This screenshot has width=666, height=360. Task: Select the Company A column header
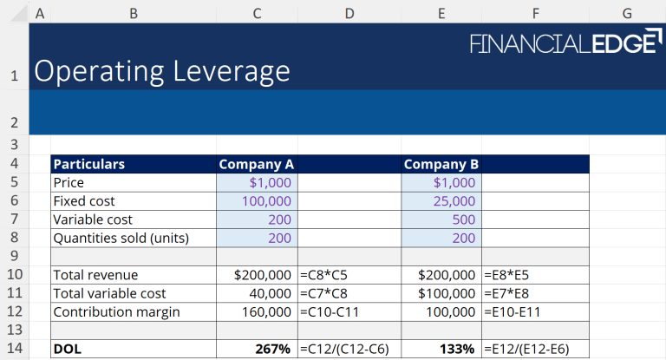257,164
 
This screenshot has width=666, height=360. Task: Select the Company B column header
442,164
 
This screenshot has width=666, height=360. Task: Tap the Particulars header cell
88,164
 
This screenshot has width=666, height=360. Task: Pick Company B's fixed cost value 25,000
454,201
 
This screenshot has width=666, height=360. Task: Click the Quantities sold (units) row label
121,238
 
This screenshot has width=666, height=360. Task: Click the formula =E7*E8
513,293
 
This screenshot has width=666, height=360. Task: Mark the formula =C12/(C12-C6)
343,349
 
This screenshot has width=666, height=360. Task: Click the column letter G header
627,13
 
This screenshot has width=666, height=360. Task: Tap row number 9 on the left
15,256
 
